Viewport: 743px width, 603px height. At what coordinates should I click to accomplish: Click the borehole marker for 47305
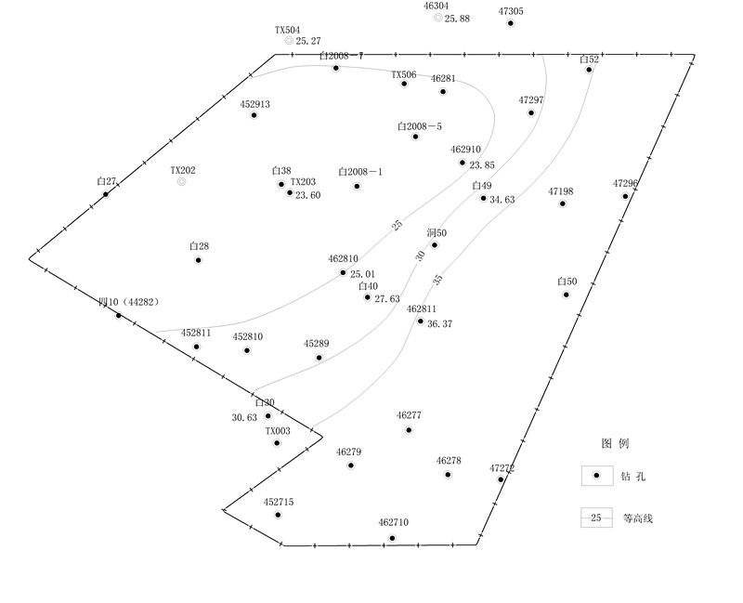tap(511, 23)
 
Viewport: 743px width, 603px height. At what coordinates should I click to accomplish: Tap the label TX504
tap(287, 30)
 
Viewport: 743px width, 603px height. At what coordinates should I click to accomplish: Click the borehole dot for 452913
tap(254, 115)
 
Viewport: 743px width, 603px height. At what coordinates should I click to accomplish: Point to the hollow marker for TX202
tap(182, 182)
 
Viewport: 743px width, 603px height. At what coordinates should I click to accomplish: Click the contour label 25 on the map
tap(398, 226)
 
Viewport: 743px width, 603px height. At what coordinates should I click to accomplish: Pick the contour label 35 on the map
tap(437, 279)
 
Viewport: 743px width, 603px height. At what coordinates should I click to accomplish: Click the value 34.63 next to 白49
tap(502, 200)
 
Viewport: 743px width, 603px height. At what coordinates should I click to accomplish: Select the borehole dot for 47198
tap(563, 203)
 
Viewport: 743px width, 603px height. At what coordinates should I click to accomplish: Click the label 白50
tap(567, 282)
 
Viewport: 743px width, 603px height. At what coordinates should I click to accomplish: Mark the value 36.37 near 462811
tap(439, 324)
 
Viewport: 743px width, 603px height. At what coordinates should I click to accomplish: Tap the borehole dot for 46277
tap(409, 430)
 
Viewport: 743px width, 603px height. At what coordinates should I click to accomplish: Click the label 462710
tap(393, 523)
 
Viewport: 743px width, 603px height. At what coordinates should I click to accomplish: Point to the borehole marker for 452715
tap(278, 515)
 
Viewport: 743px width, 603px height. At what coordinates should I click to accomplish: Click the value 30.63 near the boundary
tap(244, 418)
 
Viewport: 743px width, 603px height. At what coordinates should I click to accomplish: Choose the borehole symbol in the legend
tap(597, 476)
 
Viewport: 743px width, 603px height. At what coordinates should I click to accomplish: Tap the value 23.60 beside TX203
tap(308, 195)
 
